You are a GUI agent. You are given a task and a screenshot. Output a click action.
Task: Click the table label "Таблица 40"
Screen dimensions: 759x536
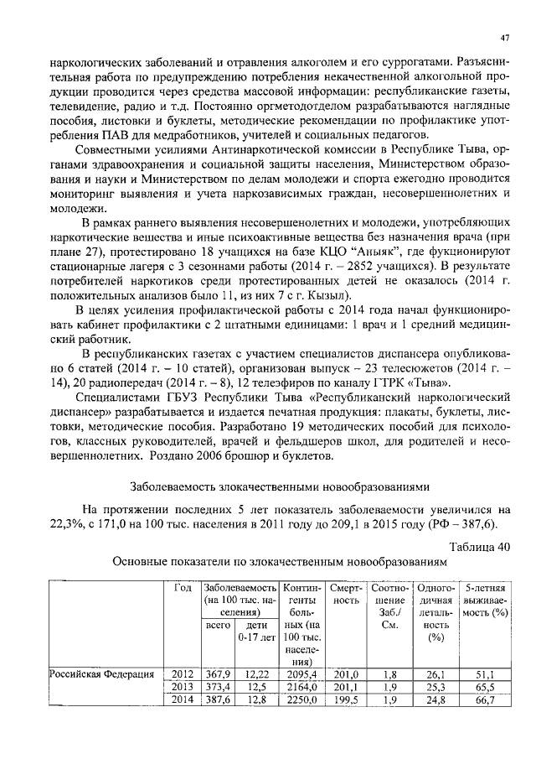tap(479, 547)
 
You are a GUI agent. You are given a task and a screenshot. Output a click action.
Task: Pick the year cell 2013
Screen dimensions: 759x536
tap(181, 687)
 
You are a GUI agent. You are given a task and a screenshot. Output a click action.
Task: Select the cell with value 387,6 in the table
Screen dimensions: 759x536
tap(219, 700)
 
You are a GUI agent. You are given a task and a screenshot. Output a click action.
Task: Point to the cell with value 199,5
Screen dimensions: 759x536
tap(345, 700)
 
